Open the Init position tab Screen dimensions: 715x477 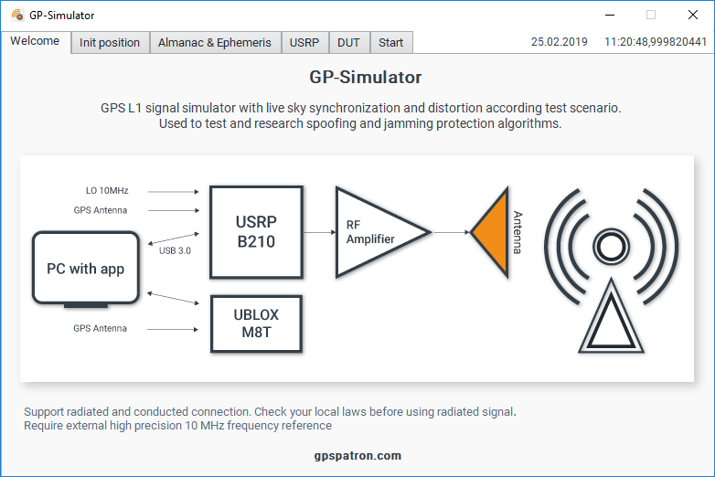pos(110,42)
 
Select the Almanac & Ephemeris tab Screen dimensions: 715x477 pos(215,42)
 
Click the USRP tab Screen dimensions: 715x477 pos(304,42)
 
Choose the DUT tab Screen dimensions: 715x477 pos(349,42)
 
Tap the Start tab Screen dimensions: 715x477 pos(391,42)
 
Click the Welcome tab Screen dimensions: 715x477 pos(35,41)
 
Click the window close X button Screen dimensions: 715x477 pos(693,15)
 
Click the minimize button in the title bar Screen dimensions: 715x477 pos(610,15)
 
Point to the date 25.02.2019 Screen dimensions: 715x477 pos(560,42)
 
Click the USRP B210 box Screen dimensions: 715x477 pos(256,232)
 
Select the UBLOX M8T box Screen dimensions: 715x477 pos(256,323)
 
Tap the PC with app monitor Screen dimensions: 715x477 pos(86,270)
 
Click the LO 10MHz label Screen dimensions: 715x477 pos(107,190)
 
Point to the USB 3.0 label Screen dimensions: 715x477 pos(176,250)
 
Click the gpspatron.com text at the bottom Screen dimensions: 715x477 pos(357,456)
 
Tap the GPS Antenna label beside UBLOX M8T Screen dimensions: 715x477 pos(101,328)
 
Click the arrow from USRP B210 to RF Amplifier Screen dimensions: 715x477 pos(320,232)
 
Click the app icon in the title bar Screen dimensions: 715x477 pos(17,15)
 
